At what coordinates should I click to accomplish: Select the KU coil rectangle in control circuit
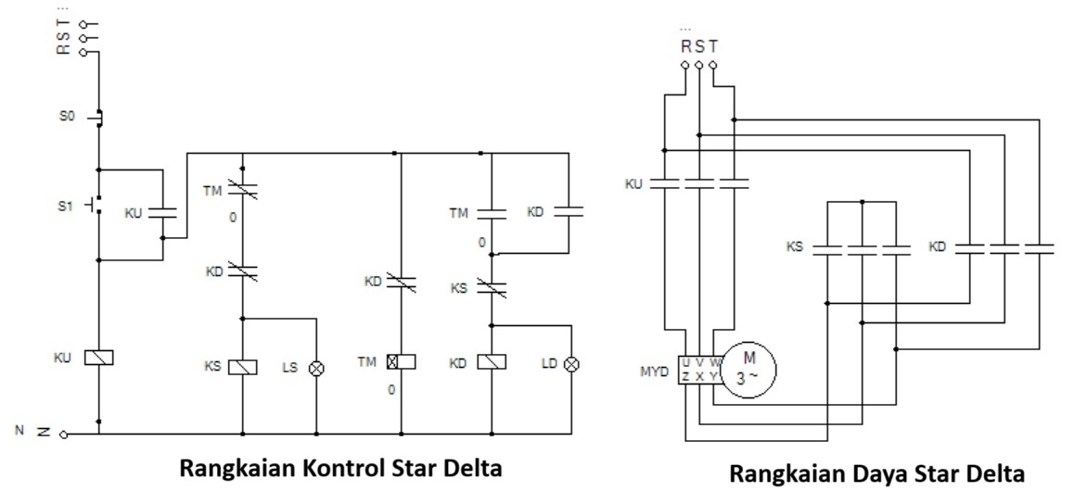[98, 358]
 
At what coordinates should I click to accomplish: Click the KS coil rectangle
[242, 365]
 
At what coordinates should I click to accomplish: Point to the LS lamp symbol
[317, 367]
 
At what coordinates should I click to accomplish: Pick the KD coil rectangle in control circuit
[490, 362]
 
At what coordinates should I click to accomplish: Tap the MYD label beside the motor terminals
[657, 371]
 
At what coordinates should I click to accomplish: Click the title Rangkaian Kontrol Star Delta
[340, 469]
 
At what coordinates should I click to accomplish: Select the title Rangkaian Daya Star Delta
[876, 474]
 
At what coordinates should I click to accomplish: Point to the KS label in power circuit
[794, 247]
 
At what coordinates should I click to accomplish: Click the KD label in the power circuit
[937, 247]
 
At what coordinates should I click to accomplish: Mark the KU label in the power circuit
[634, 184]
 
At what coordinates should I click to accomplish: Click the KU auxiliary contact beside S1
[162, 213]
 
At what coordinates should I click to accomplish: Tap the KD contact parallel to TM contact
[568, 211]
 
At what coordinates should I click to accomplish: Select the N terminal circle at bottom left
[63, 434]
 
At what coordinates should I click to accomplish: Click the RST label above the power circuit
[698, 46]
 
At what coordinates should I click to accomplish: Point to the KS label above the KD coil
[459, 288]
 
